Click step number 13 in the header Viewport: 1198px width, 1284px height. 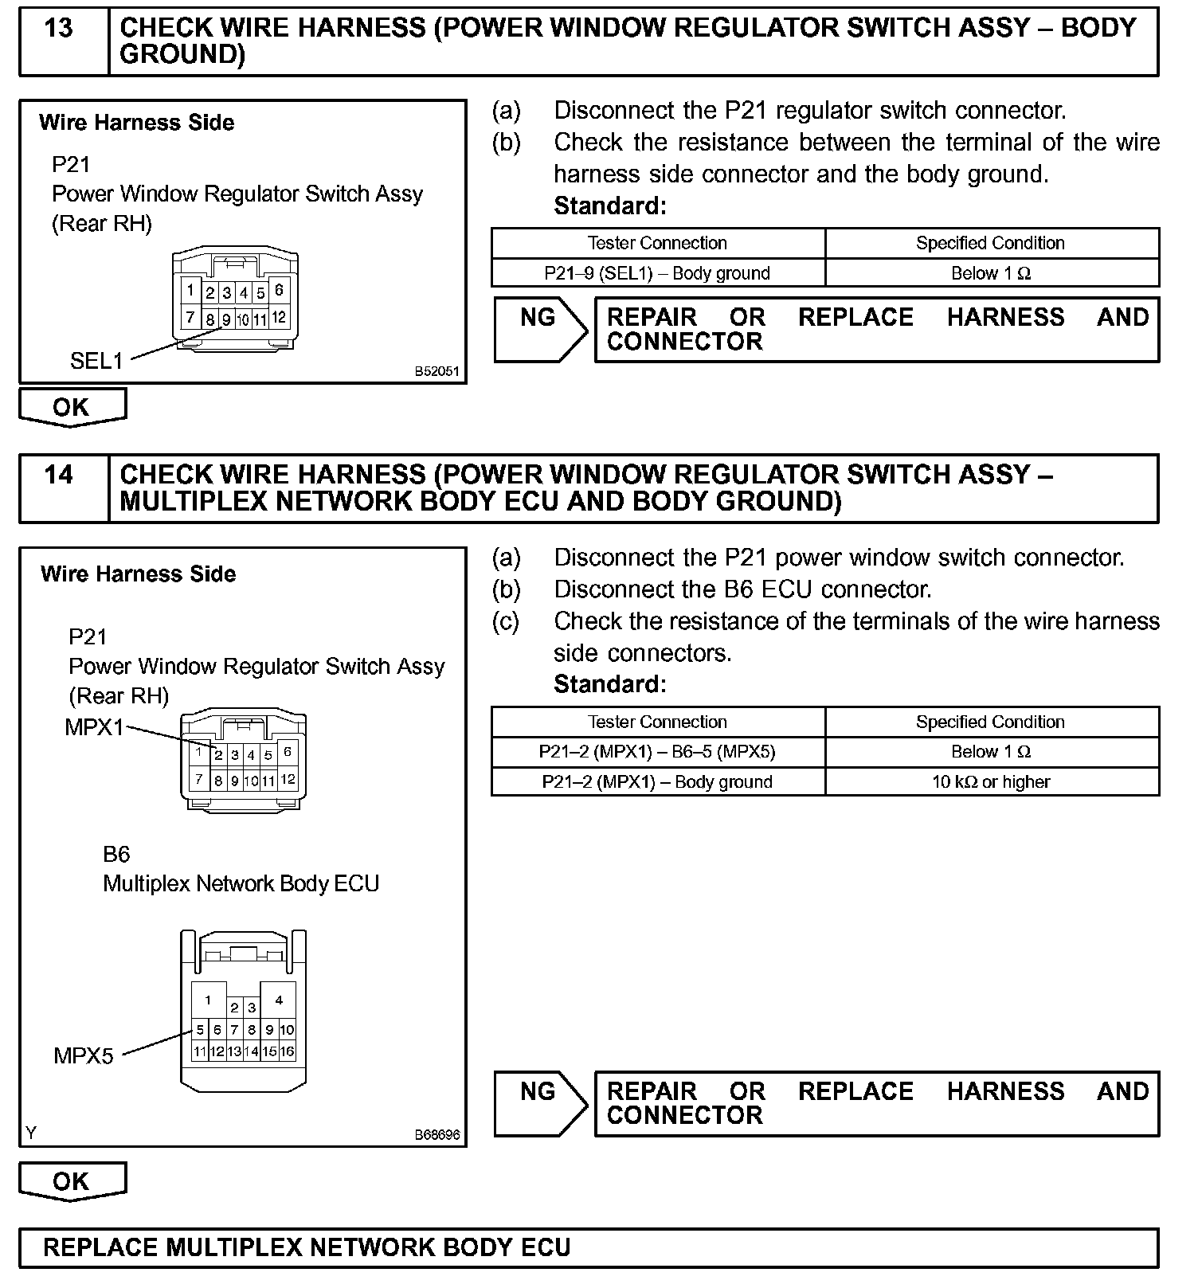point(59,29)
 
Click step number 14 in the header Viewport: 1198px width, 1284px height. point(59,476)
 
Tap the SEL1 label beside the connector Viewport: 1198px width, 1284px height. point(96,361)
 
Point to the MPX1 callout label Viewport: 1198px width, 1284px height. point(94,727)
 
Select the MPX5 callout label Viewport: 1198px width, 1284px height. point(84,1056)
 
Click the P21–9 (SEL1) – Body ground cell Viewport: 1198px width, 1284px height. point(657,273)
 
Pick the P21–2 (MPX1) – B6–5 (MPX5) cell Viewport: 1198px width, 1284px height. point(657,752)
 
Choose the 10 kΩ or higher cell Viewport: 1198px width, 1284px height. point(991,782)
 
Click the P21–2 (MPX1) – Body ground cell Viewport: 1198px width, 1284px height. point(657,782)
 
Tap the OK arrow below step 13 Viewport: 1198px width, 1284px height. point(72,407)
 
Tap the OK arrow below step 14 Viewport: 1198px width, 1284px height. point(72,1181)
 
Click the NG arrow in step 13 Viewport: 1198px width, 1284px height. point(539,328)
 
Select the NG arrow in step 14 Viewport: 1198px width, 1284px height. point(539,1102)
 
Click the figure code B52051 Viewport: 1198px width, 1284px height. point(437,372)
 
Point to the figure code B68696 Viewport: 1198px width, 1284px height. point(437,1135)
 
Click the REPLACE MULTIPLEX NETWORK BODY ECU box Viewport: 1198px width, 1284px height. point(589,1247)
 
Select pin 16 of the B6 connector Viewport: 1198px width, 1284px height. point(288,1051)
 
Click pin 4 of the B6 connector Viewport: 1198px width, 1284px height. point(279,1000)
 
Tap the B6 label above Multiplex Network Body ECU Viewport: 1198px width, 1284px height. point(116,855)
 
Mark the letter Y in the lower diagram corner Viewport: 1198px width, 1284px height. point(30,1133)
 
